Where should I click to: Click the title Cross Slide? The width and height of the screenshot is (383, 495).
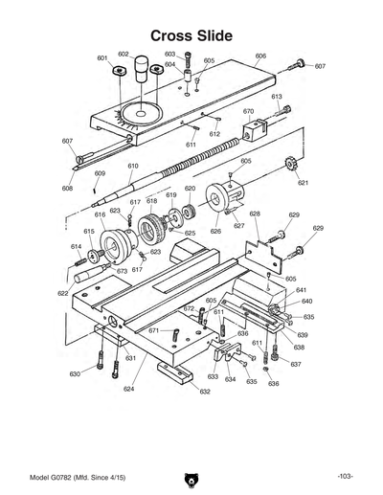tap(191, 34)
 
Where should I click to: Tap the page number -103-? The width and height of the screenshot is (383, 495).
tap(346, 476)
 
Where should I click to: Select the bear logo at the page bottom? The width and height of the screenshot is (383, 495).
tap(191, 476)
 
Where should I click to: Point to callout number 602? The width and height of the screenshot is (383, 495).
tap(124, 55)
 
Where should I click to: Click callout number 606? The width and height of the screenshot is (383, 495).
tap(260, 56)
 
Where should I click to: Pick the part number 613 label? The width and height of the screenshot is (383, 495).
tap(276, 97)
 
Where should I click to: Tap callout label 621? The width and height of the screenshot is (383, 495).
tap(303, 182)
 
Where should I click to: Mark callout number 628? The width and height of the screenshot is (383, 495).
tap(255, 214)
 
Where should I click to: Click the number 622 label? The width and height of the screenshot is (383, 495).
tap(62, 293)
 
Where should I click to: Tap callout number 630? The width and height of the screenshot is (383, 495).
tap(75, 373)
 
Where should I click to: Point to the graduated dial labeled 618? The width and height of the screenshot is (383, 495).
tap(150, 230)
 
